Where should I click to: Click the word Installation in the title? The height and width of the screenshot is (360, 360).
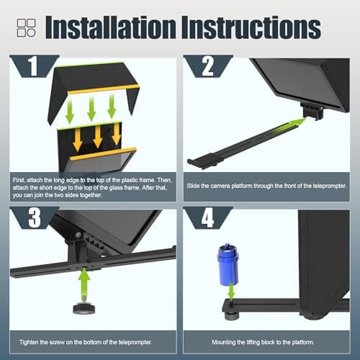[111, 27]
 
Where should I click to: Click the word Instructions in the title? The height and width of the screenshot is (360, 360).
[251, 27]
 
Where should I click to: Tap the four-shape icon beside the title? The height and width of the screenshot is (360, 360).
[27, 28]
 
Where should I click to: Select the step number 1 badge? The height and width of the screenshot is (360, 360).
[35, 66]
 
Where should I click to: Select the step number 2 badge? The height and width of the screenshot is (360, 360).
[208, 66]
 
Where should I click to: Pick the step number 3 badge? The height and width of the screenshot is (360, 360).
[35, 217]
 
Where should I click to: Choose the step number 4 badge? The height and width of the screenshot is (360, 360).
[208, 217]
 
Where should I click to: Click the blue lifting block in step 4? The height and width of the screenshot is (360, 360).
[228, 264]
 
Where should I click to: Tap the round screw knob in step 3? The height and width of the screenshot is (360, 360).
[84, 308]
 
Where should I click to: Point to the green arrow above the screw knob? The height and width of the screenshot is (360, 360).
[84, 283]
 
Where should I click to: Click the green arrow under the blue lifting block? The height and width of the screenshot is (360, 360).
[231, 291]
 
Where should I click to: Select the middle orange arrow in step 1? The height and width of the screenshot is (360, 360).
[98, 136]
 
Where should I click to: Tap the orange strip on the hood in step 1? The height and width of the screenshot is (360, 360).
[104, 89]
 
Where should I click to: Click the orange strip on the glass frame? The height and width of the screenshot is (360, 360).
[103, 153]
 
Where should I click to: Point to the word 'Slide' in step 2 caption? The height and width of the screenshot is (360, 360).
[193, 186]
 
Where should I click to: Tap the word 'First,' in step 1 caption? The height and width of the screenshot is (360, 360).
[19, 180]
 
